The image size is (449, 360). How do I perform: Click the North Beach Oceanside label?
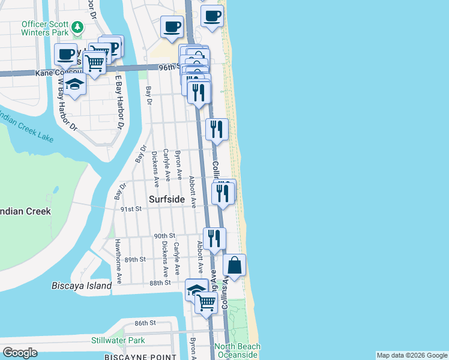point(238,350)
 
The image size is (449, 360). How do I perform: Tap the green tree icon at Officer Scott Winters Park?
point(77,27)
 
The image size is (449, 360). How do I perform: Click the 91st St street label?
point(130,209)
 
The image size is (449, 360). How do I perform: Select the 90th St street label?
point(163,236)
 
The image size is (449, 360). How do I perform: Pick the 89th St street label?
point(135,259)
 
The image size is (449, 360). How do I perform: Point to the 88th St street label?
point(160,282)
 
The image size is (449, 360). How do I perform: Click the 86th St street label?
point(145,323)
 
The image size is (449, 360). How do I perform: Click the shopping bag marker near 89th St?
point(234,265)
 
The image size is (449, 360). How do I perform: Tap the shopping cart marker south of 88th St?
point(206,302)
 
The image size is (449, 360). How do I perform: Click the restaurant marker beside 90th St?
point(214,238)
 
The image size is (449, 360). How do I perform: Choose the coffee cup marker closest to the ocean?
point(212,16)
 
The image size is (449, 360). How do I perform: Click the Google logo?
point(20,353)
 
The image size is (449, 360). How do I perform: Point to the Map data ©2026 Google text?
point(412,355)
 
